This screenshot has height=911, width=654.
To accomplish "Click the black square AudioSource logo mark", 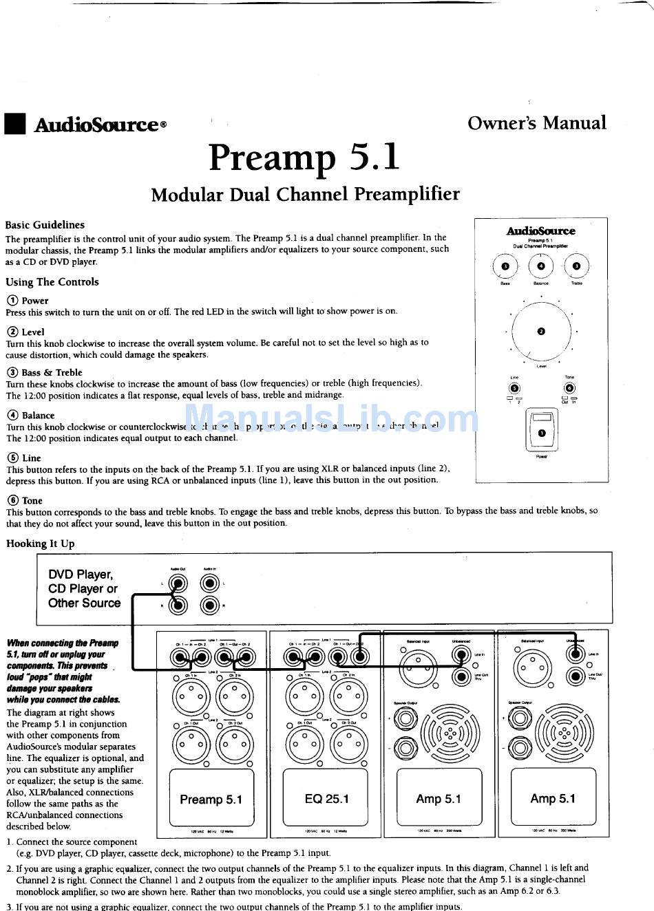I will point(14,124).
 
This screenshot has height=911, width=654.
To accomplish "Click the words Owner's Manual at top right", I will point(536,123).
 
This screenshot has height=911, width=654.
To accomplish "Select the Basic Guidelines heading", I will point(45,225).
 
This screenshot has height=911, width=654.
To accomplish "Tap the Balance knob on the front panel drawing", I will point(541,266).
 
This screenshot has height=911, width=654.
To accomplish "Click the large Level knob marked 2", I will point(541,332).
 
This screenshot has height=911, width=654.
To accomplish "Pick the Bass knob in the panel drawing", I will point(506,266).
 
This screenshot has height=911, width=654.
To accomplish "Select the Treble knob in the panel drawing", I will point(576,266).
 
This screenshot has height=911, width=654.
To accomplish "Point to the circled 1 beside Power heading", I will point(12,301).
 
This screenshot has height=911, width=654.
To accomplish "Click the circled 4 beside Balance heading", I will point(12,416).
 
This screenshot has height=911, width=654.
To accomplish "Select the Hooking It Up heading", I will point(41,544).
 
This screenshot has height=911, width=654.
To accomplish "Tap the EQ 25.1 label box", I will point(326,799).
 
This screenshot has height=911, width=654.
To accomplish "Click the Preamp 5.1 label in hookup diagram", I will point(211,799).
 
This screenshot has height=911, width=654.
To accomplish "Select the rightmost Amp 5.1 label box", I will point(553,798).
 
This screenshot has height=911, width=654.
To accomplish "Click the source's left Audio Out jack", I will point(179,584).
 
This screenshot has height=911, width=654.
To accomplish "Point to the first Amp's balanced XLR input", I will point(416,665).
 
